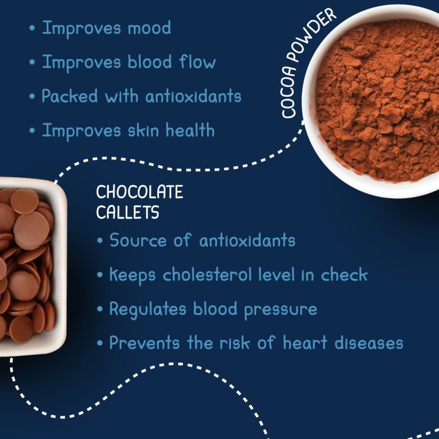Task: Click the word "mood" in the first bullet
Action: pyautogui.click(x=149, y=28)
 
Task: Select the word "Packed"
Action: pyautogui.click(x=70, y=96)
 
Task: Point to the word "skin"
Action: pyautogui.click(x=143, y=130)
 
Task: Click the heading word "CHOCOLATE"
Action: pyautogui.click(x=139, y=192)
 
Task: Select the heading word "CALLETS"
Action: pyautogui.click(x=127, y=212)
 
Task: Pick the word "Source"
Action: pyautogui.click(x=138, y=240)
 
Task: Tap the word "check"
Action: pyautogui.click(x=344, y=274)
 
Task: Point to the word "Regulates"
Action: pyautogui.click(x=147, y=309)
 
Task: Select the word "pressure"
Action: pyautogui.click(x=281, y=310)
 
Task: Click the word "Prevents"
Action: pyautogui.click(x=145, y=343)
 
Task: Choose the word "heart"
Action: pyautogui.click(x=305, y=343)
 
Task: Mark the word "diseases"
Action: pyautogui.click(x=369, y=343)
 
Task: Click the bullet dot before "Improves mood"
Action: pyautogui.click(x=32, y=28)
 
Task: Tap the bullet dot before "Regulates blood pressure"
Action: pyautogui.click(x=99, y=309)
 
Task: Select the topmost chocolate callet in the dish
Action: pyautogui.click(x=25, y=201)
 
